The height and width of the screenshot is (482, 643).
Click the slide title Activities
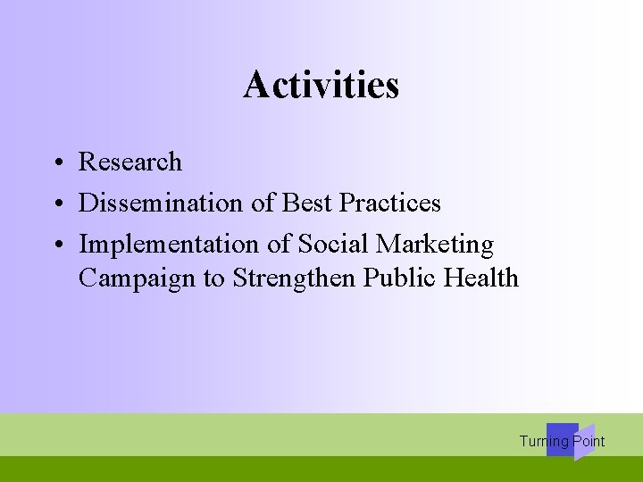point(321,86)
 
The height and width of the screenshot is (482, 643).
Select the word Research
point(130,162)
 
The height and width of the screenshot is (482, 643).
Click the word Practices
point(390,204)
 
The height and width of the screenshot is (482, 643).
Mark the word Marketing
point(435,245)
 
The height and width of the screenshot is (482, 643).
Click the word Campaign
point(138,278)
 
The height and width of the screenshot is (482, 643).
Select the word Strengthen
point(295,278)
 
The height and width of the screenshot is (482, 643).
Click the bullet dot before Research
point(56,163)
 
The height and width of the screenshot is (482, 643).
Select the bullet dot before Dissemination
point(56,204)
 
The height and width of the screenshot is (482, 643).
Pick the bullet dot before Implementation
point(56,245)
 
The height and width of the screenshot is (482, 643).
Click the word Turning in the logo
point(543,441)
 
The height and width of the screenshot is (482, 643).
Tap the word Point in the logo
point(589,441)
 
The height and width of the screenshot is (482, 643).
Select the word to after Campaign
point(214,279)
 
